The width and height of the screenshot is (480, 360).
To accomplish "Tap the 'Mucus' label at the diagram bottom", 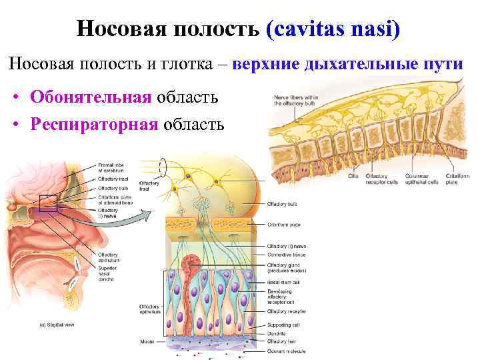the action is (x=147, y=341).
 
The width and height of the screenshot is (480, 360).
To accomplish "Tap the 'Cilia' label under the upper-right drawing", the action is (x=353, y=177).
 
